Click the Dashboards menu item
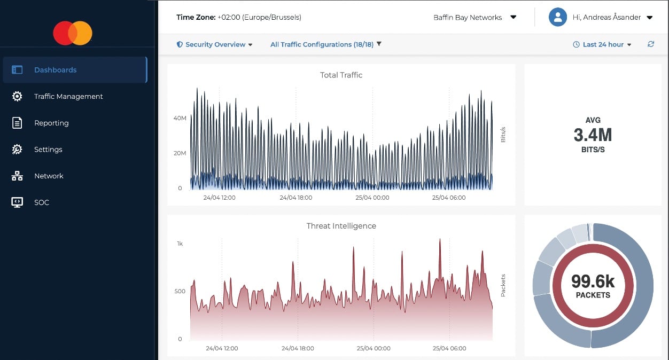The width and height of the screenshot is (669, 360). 55,70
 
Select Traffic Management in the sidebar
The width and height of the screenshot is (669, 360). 68,97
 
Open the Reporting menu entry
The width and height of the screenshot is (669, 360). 51,123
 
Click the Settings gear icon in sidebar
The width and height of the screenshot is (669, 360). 17,150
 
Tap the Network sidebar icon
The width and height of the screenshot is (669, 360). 17,176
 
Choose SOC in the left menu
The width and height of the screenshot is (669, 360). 41,202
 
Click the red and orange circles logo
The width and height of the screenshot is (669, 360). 73,33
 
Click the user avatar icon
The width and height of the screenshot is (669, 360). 557,17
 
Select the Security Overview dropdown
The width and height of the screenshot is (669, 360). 215,45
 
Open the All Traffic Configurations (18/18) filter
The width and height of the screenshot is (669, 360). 325,45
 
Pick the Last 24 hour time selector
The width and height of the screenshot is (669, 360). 602,45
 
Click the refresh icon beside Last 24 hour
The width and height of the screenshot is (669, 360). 650,44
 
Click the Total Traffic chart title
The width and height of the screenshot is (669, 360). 341,75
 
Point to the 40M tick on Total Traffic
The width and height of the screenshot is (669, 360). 180,118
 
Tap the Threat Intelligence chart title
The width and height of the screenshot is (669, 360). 341,226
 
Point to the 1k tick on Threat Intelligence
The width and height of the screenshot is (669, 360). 180,244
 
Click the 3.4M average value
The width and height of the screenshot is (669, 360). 593,135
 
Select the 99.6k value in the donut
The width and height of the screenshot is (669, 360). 593,281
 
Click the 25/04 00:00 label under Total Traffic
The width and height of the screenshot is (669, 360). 373,198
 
